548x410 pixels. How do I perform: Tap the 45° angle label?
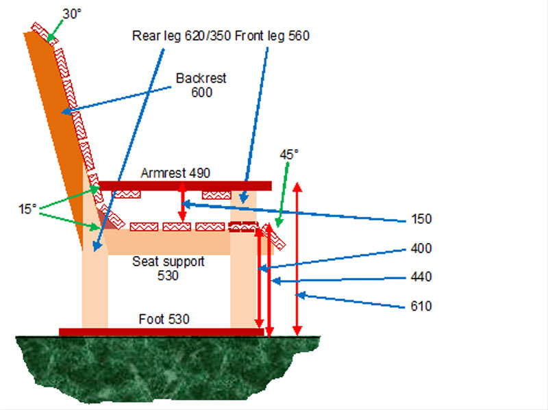pos(289,154)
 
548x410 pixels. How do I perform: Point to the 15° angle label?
pos(27,209)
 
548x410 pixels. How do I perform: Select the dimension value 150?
pos(422,219)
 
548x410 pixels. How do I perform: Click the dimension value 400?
pos(422,248)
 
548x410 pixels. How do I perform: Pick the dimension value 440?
pos(422,277)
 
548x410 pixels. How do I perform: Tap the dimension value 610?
pos(422,306)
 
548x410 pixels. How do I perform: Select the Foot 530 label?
pos(164,319)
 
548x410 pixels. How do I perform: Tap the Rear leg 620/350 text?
pos(181,36)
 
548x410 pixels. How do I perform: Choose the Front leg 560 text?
pos(273,36)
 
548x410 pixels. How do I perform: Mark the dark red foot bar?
pos(161,332)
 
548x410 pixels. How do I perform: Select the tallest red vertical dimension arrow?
pos(297,260)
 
